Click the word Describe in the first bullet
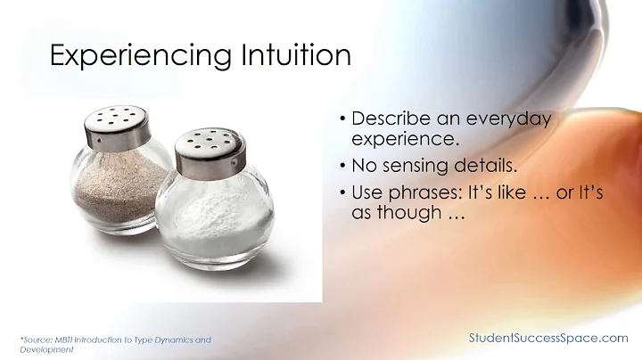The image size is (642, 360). pos(388,119)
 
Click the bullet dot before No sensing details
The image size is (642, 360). pos(342,166)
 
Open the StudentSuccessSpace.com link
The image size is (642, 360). pos(548,338)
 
